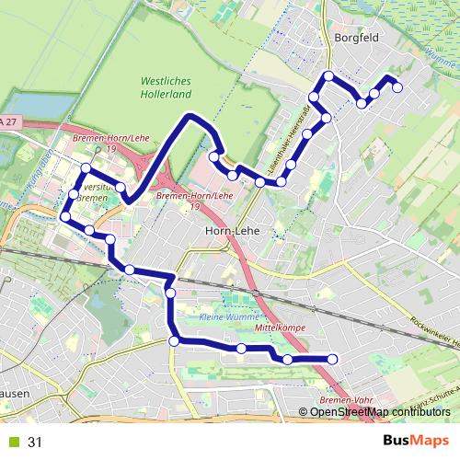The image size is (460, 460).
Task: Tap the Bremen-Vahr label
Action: click(x=347, y=400)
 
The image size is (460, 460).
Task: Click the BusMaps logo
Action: click(x=416, y=442)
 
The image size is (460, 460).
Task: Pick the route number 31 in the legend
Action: click(x=35, y=443)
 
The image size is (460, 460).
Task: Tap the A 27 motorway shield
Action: click(x=8, y=121)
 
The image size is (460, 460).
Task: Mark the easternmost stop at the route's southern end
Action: click(x=333, y=359)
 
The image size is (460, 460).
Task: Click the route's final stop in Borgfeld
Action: click(x=397, y=87)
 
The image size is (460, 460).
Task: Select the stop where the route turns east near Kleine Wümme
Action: click(x=174, y=341)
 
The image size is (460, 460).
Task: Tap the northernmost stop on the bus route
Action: click(x=328, y=75)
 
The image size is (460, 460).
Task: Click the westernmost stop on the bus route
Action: click(x=64, y=216)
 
